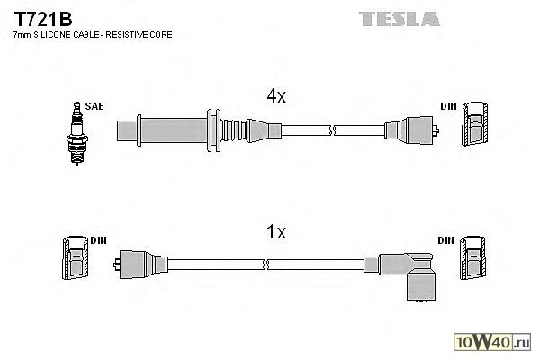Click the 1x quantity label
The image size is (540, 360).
(x=275, y=232)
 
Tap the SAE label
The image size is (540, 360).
(x=94, y=106)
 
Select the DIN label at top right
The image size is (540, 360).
(x=447, y=106)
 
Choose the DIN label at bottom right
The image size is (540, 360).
(x=445, y=241)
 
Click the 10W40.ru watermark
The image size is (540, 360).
(x=493, y=341)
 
